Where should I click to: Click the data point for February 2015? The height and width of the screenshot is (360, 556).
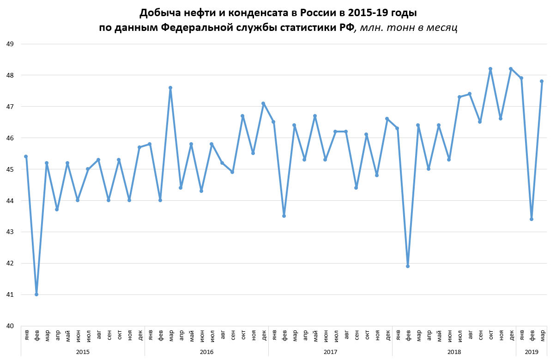[x=36, y=294]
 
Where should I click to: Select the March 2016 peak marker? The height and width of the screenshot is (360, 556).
[x=170, y=88]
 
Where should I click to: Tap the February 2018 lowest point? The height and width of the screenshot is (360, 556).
[x=408, y=266]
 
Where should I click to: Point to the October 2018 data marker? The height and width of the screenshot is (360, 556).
[x=490, y=69]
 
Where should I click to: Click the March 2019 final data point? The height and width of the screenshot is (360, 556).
[x=542, y=81]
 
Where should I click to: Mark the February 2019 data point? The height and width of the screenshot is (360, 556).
[x=532, y=219]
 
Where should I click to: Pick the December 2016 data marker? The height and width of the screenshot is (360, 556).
[x=263, y=103]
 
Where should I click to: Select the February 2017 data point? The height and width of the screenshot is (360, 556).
[x=284, y=216]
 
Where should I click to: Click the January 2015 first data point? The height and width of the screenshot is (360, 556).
[x=26, y=156]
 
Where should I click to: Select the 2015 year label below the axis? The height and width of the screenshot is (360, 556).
[x=83, y=352]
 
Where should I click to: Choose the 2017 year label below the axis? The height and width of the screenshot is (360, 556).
[x=330, y=352]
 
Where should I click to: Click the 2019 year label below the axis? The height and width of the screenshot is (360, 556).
[x=532, y=352]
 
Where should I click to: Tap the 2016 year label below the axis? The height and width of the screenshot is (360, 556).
[x=206, y=352]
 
